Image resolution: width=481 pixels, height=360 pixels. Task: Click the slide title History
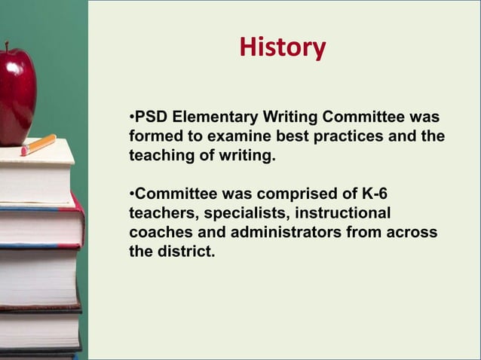tap(282, 47)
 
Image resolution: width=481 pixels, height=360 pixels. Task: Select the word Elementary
tap(215, 119)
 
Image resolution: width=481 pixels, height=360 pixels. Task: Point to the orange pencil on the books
tap(38, 145)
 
